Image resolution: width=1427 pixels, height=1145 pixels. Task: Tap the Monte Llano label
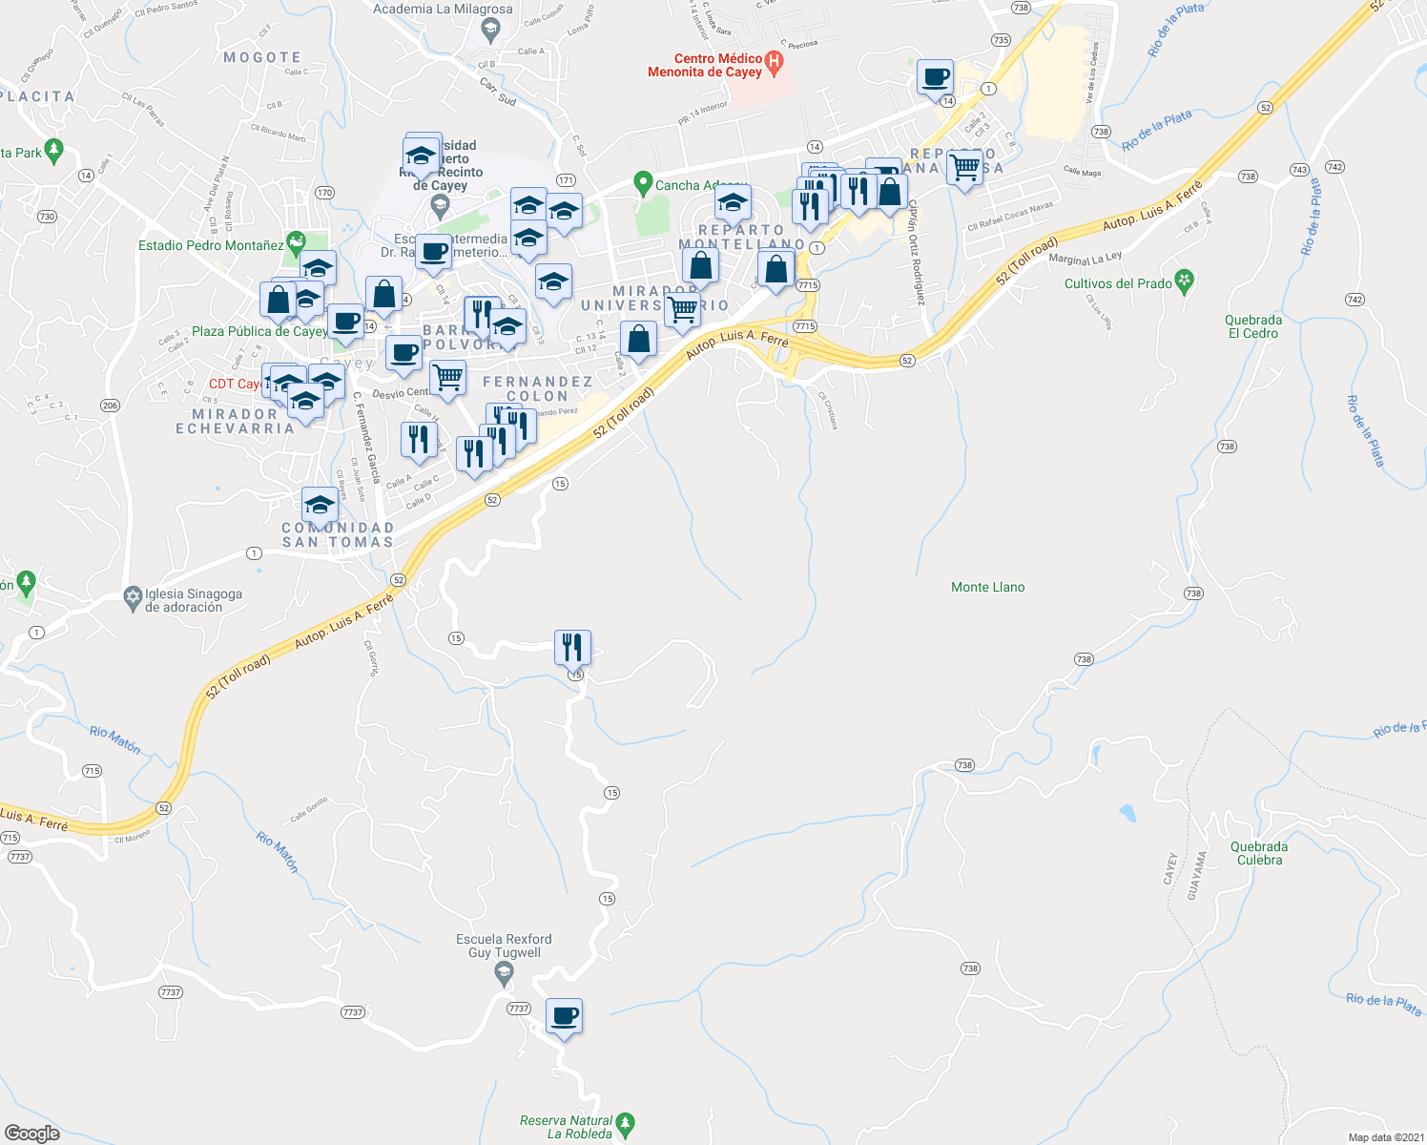pyautogui.click(x=987, y=587)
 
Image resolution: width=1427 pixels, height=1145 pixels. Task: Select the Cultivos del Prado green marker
pyautogui.click(x=1184, y=281)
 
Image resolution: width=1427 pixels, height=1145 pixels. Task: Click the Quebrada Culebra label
pyautogui.click(x=1259, y=853)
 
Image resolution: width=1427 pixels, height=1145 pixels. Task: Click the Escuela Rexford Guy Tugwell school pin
pyautogui.click(x=504, y=973)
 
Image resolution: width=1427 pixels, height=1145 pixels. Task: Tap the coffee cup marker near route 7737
pyautogui.click(x=564, y=1015)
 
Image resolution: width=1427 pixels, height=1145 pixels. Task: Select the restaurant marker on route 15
pyautogui.click(x=572, y=647)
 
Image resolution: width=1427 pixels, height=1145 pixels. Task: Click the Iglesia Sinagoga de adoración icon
pyautogui.click(x=133, y=598)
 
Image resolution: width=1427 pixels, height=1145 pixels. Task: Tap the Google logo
pyautogui.click(x=32, y=1134)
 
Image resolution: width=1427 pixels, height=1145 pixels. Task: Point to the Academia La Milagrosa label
pyautogui.click(x=443, y=9)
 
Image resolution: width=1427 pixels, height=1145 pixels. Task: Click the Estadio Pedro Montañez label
pyautogui.click(x=211, y=245)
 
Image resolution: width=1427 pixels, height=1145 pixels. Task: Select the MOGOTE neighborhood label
pyautogui.click(x=262, y=57)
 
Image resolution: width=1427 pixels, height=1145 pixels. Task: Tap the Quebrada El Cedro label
pyautogui.click(x=1253, y=326)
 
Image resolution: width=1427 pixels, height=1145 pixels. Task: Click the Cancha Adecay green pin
pyautogui.click(x=642, y=183)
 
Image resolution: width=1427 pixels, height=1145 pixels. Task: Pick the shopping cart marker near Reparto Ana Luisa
pyautogui.click(x=964, y=167)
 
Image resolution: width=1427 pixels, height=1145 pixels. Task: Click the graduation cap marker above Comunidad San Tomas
pyautogui.click(x=320, y=504)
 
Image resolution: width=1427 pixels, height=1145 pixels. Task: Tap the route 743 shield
pyautogui.click(x=1299, y=169)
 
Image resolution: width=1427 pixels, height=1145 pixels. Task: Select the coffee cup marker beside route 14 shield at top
pyautogui.click(x=935, y=76)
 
